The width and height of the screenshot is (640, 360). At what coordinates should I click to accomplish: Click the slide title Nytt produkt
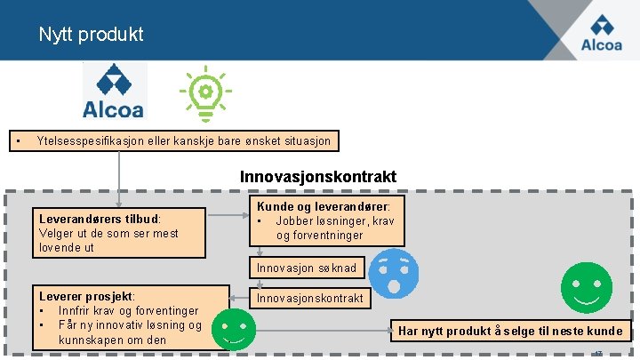tap(91, 35)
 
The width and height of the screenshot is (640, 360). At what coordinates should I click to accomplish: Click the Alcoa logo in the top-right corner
tap(601, 33)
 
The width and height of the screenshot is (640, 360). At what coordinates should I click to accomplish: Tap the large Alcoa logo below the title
tap(113, 92)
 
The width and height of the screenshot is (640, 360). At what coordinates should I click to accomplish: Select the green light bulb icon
tap(204, 92)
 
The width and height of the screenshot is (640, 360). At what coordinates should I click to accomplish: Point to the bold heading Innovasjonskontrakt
tap(318, 177)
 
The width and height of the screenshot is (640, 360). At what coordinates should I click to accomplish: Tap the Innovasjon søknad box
tap(306, 268)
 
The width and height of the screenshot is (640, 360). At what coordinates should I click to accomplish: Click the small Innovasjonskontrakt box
tap(309, 299)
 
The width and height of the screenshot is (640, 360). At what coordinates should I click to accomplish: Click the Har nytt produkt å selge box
tap(512, 331)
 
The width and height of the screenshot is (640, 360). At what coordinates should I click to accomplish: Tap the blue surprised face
tap(392, 272)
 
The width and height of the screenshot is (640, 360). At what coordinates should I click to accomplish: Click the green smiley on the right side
tap(586, 287)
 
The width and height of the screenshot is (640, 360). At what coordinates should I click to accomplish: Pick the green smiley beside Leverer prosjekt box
tap(235, 331)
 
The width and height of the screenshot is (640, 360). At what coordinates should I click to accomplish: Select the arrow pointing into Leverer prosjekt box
tap(240, 298)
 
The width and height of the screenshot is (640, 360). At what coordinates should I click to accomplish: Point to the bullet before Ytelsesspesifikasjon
tap(16, 140)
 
